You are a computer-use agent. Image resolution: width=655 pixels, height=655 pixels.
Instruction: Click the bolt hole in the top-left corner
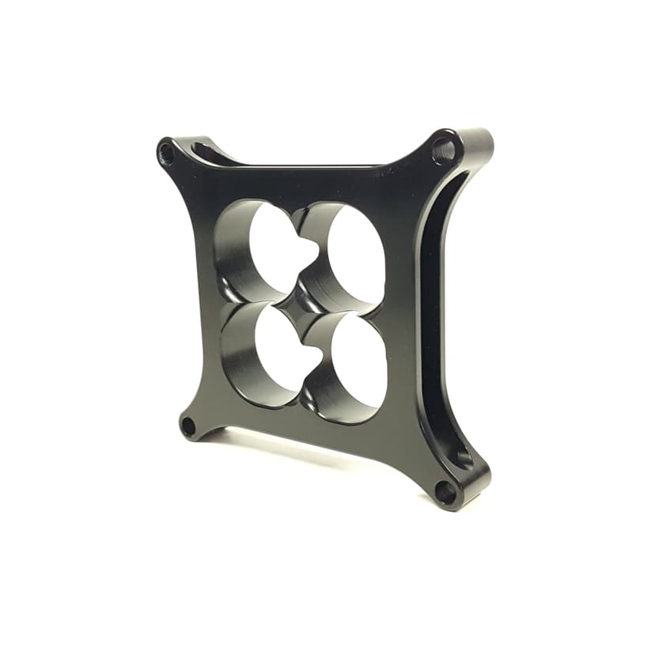167,153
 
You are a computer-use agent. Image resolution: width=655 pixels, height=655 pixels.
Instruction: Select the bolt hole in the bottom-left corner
188,426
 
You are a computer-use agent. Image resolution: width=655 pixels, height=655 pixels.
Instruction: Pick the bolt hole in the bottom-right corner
445,492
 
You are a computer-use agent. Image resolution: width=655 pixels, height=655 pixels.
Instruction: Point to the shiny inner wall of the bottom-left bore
237,356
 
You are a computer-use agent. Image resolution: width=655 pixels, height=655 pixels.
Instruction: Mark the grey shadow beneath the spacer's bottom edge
316,451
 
